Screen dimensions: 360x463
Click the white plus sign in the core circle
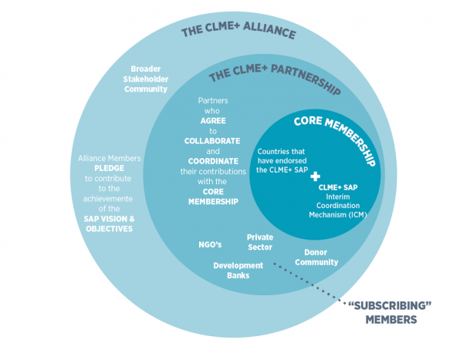pos(314,177)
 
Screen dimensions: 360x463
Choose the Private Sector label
pos(260,242)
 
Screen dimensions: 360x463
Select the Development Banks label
pos(238,270)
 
